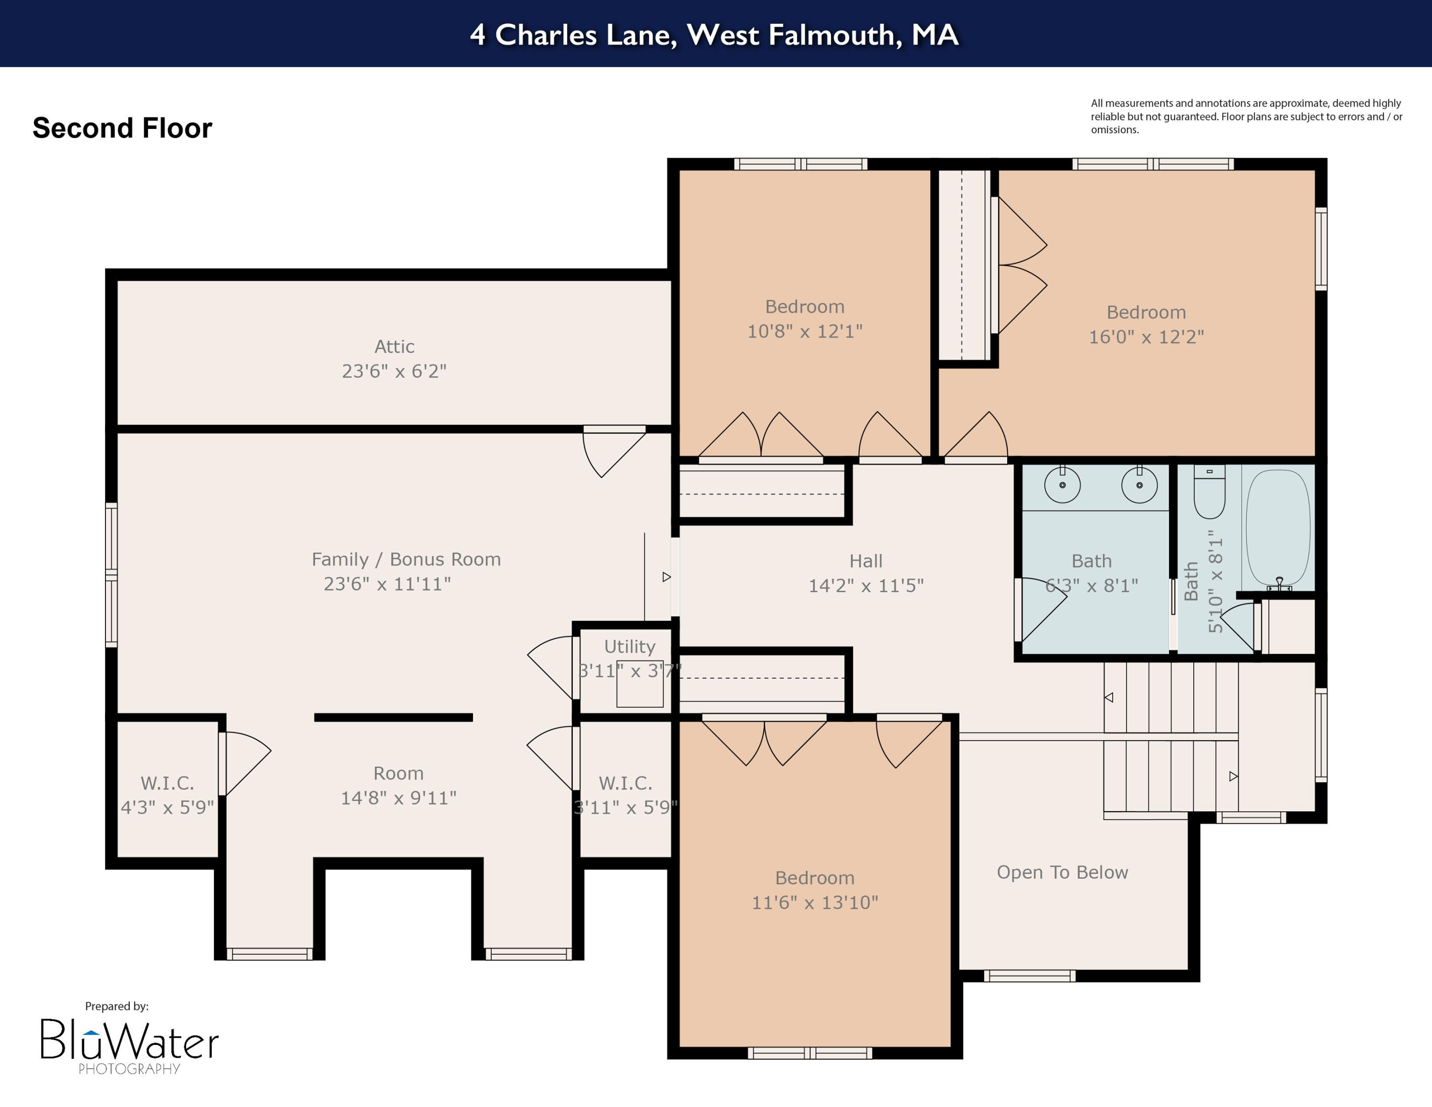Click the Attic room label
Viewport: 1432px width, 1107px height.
coord(394,347)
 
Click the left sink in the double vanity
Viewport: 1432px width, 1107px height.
coord(1062,485)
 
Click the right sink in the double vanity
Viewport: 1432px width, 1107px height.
coord(1139,485)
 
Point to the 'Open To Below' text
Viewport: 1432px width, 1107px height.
coord(1062,872)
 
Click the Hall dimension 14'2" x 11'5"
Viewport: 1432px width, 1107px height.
coord(865,585)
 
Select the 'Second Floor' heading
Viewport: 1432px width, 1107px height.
coord(123,128)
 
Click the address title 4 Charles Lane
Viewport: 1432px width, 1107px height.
coord(715,35)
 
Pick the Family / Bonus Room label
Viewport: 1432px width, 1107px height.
coord(406,559)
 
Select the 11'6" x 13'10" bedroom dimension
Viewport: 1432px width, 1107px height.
coord(814,903)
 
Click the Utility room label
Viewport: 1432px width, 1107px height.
coord(630,647)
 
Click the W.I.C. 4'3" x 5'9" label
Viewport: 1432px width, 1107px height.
coord(167,795)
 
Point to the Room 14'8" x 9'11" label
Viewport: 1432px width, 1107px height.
coord(399,786)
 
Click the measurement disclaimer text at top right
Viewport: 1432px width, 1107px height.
coord(1246,116)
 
